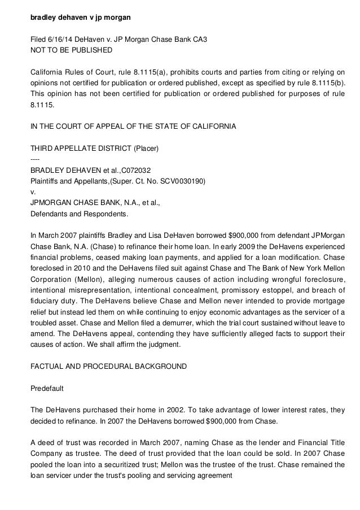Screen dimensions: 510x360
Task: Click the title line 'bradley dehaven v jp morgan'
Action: point(80,18)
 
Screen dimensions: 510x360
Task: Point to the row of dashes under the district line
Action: point(35,159)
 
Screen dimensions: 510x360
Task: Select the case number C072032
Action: point(133,171)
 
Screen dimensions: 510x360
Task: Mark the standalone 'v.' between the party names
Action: point(32,192)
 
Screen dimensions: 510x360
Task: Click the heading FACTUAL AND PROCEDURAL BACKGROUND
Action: point(108,366)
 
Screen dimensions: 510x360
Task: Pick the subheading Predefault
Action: point(48,388)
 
